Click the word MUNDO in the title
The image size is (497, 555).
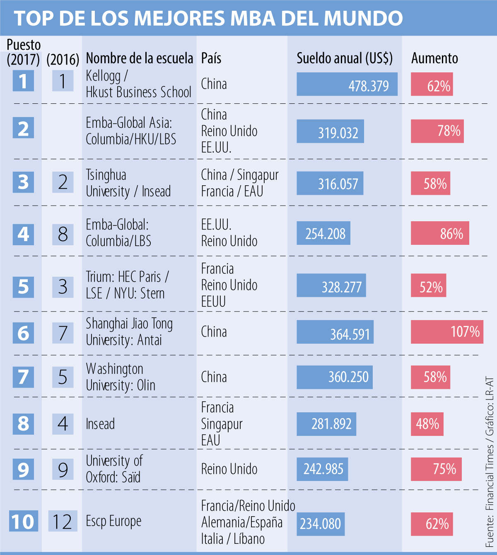(363, 18)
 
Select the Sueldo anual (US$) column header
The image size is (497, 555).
(345, 58)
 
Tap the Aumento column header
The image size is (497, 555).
(434, 58)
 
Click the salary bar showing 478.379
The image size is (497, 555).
(347, 84)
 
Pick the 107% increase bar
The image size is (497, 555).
(447, 332)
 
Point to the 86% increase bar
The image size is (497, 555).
(440, 233)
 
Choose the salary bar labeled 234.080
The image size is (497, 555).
(321, 524)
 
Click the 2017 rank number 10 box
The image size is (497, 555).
(23, 521)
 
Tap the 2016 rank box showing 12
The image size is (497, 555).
(63, 521)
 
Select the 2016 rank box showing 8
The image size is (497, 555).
(63, 234)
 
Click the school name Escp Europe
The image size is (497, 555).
(113, 521)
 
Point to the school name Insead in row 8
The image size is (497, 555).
(100, 424)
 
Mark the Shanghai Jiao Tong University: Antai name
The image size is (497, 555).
(129, 332)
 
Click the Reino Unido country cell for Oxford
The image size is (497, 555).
(229, 469)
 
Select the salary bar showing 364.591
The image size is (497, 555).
(335, 332)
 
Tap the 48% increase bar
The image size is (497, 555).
(427, 424)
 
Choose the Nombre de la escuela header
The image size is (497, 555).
(139, 58)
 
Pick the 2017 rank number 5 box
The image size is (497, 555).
(23, 287)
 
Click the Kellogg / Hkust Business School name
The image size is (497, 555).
(138, 84)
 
